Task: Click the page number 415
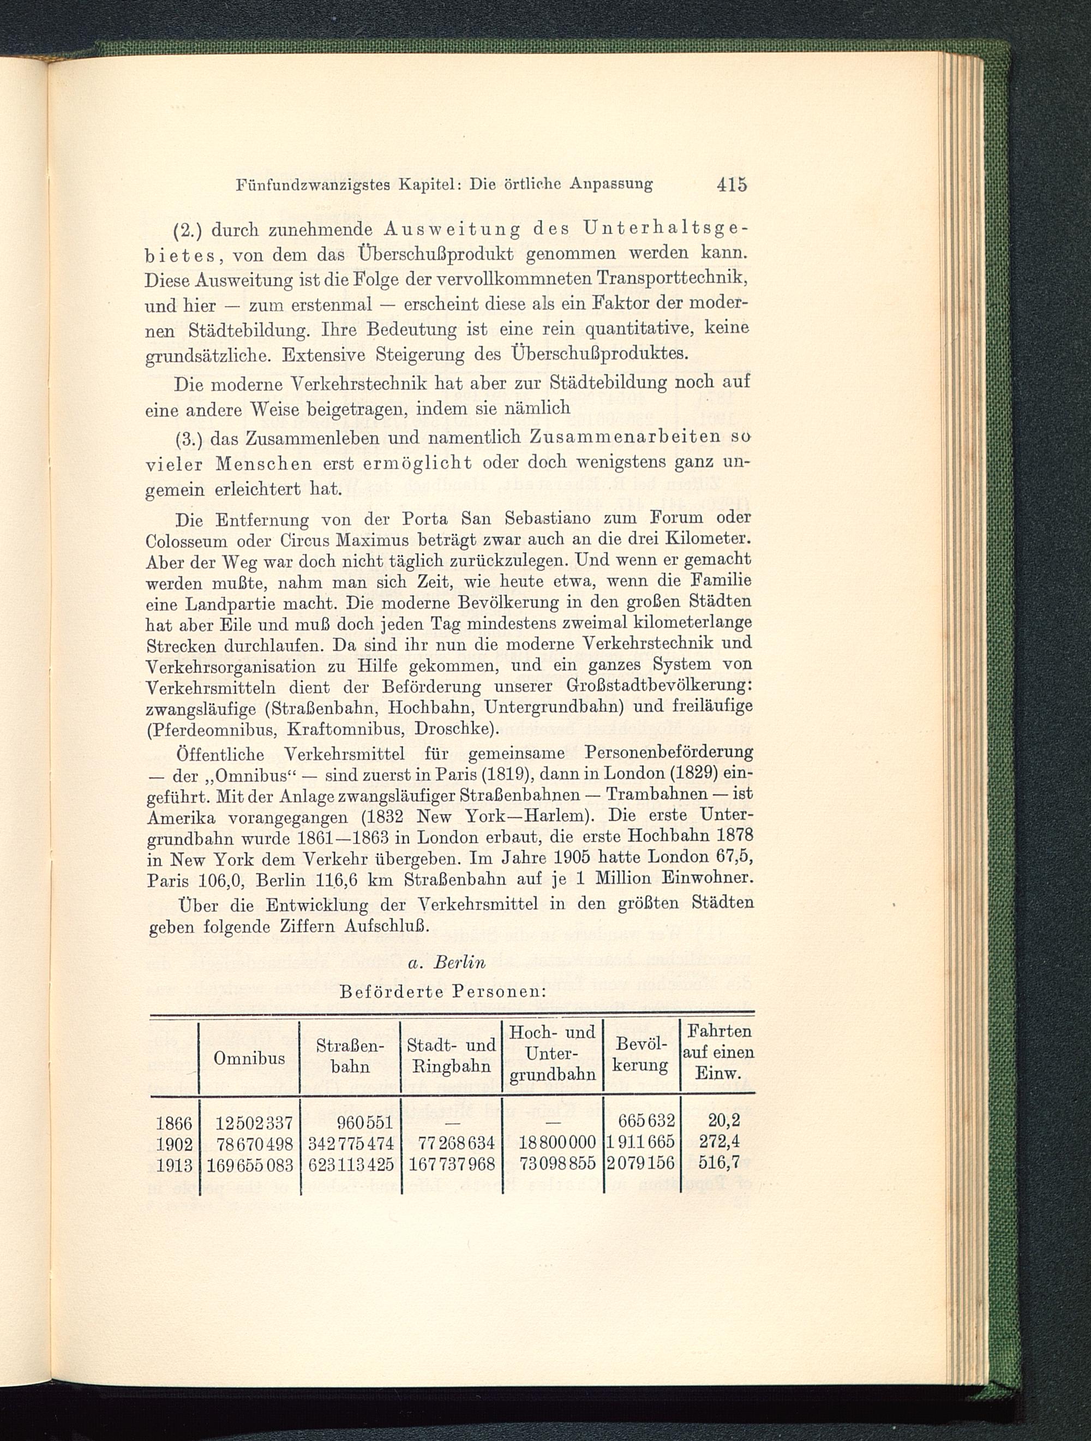point(732,185)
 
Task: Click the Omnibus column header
point(249,1058)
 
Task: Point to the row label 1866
point(175,1122)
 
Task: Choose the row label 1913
point(175,1164)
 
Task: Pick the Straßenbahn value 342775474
point(350,1143)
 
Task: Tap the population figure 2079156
point(641,1164)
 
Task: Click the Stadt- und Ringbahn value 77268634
point(452,1143)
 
